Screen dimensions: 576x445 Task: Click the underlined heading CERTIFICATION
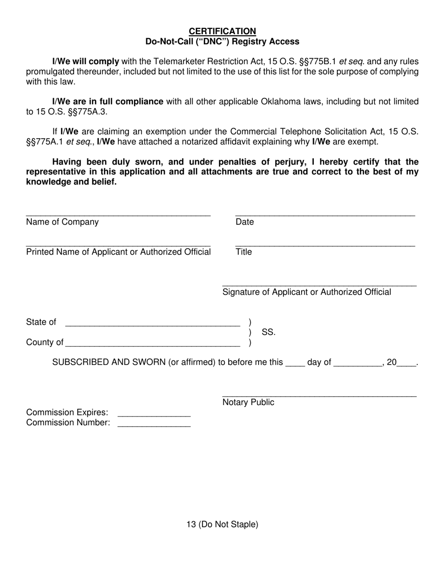coord(222,31)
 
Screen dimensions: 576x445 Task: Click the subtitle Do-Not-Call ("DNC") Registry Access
coord(222,42)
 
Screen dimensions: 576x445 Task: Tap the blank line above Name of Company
coord(118,214)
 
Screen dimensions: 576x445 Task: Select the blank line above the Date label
coord(325,214)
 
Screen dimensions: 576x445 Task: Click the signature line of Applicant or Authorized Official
coord(319,284)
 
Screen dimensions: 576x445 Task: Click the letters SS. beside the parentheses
coord(268,332)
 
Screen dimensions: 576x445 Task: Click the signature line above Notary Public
coord(319,394)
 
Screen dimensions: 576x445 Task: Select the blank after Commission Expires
coord(154,414)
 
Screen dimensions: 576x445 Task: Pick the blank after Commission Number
coord(154,424)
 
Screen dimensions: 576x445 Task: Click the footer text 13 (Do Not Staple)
coord(222,524)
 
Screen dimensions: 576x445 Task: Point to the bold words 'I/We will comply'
coord(86,61)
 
